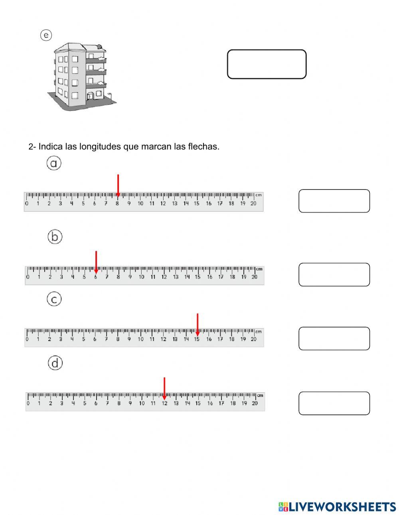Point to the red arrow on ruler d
tap(164, 388)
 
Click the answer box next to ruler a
tap(334, 201)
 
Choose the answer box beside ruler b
tap(334, 274)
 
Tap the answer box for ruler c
tap(334, 338)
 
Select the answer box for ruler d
tap(334, 403)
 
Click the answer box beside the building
tap(267, 64)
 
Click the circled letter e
tap(46, 36)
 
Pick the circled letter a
tap(54, 163)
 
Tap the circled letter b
tap(55, 237)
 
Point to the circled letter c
tap(54, 299)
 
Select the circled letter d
tap(55, 363)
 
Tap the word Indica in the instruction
tap(51, 146)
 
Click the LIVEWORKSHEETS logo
tap(337, 506)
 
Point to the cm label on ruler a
tap(259, 195)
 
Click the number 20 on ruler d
tap(255, 403)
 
